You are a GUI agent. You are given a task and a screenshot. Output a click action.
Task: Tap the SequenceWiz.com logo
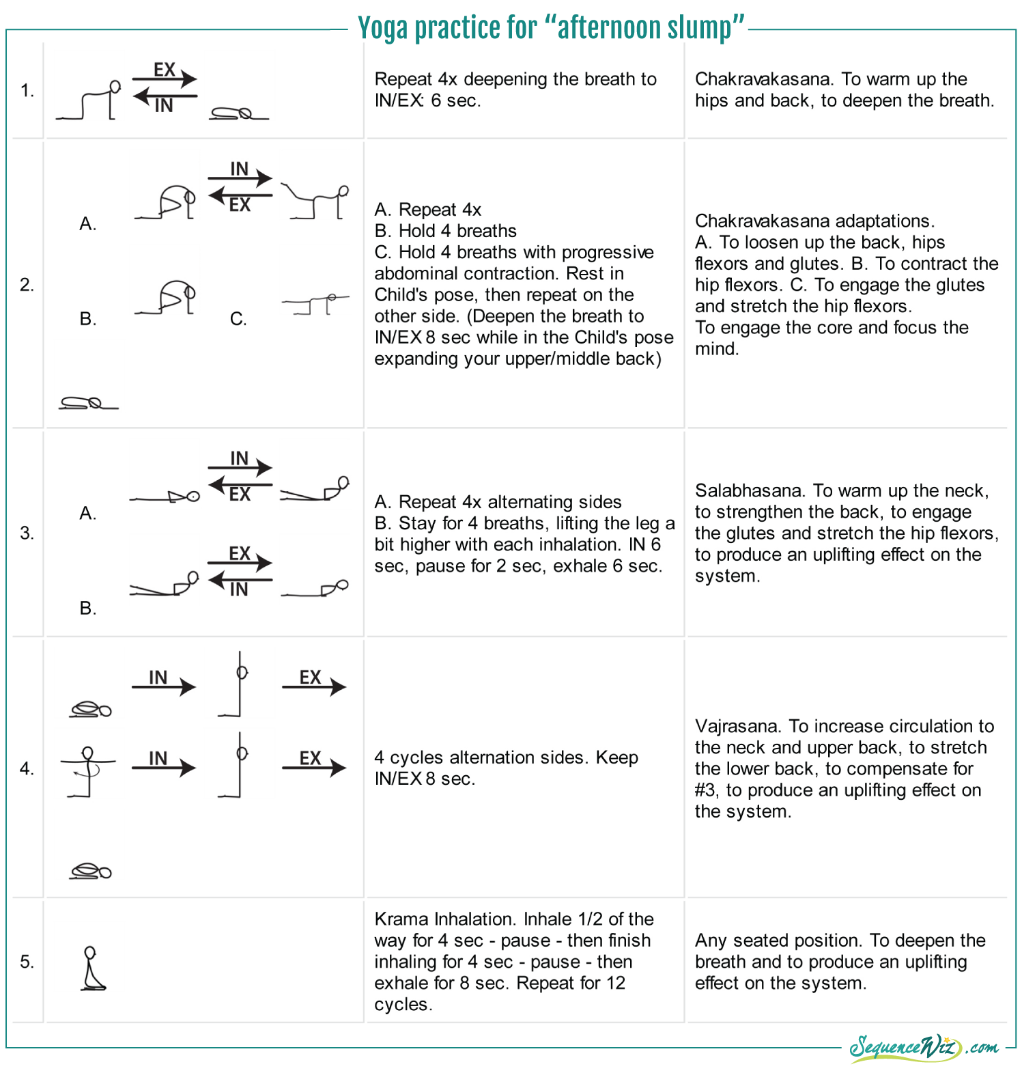coord(923,1047)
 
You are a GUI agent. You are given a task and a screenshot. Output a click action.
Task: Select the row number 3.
coord(27,533)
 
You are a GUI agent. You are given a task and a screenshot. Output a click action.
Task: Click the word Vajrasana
coord(739,726)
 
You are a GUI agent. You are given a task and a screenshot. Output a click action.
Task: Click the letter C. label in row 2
coord(238,319)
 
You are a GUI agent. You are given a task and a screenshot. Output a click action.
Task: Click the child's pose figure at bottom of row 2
coord(88,404)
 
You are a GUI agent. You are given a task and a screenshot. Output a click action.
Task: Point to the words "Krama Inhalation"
coord(444,919)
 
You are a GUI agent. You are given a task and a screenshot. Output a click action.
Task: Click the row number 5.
coord(27,962)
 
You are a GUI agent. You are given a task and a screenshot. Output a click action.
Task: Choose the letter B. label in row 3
coord(87,608)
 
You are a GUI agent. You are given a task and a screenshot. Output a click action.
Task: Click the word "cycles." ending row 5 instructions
coord(403,1005)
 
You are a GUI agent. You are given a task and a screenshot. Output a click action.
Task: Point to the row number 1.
coord(27,90)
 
